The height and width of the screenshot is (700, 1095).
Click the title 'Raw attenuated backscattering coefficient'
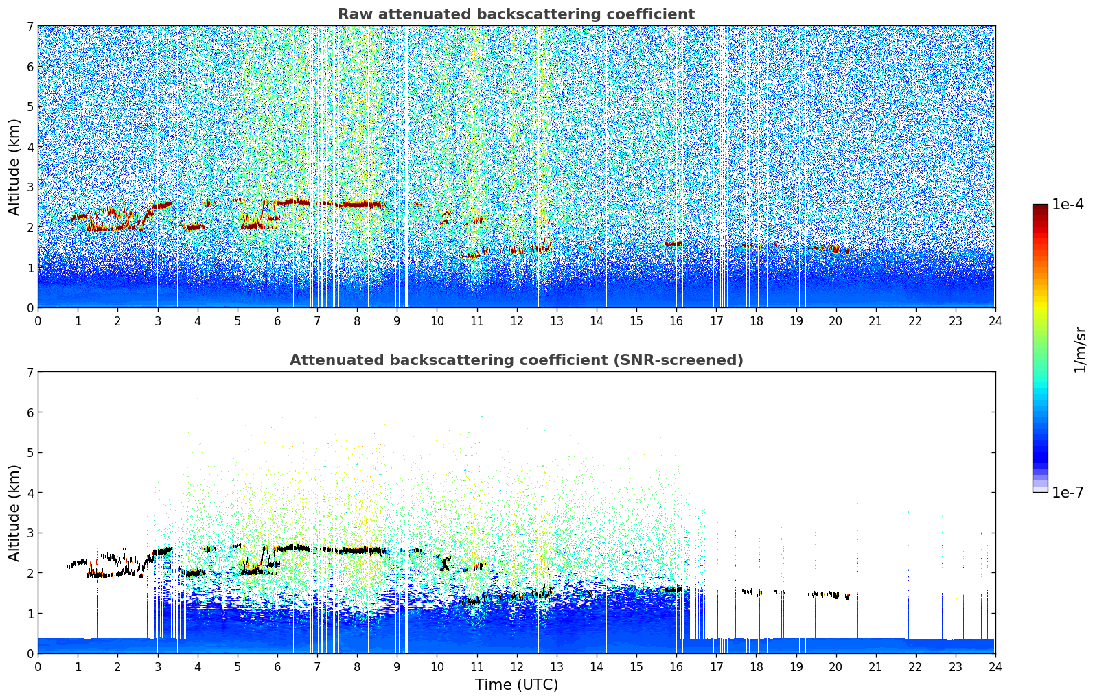pyautogui.click(x=516, y=14)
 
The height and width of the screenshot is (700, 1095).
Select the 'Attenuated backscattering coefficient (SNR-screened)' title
pyautogui.click(x=516, y=360)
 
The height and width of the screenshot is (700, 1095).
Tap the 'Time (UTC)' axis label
pyautogui.click(x=516, y=685)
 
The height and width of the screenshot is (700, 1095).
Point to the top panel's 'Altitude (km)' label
pyautogui.click(x=14, y=167)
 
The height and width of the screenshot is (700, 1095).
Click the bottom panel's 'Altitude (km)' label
pyautogui.click(x=14, y=513)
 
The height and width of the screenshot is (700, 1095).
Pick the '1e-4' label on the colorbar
pyautogui.click(x=1068, y=205)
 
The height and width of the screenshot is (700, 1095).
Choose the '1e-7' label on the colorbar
pyautogui.click(x=1068, y=493)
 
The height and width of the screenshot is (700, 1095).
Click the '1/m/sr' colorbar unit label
pyautogui.click(x=1080, y=349)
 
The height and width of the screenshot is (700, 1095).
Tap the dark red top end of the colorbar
pyautogui.click(x=1040, y=208)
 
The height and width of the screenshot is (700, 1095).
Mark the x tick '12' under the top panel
pyautogui.click(x=516, y=321)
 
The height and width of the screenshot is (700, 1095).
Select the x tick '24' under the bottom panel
pyautogui.click(x=995, y=666)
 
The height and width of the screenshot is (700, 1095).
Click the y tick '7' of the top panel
pyautogui.click(x=30, y=27)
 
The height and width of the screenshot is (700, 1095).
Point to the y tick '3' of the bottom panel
pyautogui.click(x=30, y=533)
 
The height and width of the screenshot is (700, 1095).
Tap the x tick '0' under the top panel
pyautogui.click(x=38, y=321)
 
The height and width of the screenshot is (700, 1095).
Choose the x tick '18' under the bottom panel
pyautogui.click(x=756, y=666)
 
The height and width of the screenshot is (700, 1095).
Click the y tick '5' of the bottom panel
pyautogui.click(x=30, y=453)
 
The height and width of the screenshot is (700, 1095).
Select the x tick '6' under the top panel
pyautogui.click(x=277, y=321)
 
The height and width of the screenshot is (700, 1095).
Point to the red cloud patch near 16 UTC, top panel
pyautogui.click(x=673, y=244)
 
